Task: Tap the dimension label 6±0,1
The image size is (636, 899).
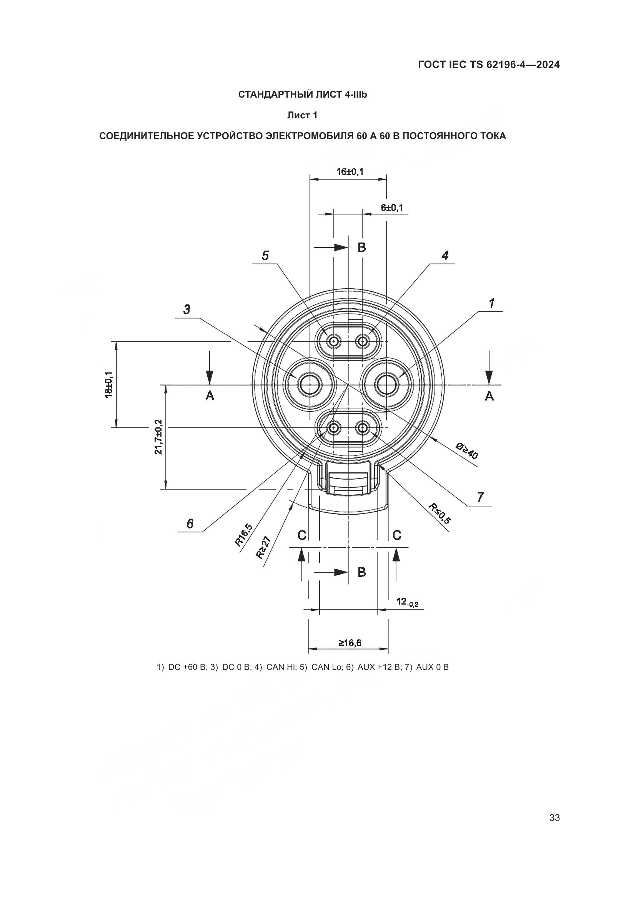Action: coord(392,208)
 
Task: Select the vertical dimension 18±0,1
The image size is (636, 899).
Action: coord(108,384)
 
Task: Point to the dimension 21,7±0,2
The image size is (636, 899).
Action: coord(158,437)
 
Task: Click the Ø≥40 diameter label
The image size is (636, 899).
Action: coord(467,450)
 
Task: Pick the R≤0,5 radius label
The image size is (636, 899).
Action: coord(440,514)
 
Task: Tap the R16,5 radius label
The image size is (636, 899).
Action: coord(243,535)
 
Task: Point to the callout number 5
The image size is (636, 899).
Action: coord(265,256)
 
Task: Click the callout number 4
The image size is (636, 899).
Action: coord(445,256)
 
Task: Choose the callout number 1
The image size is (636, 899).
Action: coord(491,303)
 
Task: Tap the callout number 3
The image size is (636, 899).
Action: coord(187,309)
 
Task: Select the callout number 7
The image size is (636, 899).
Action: coord(481,497)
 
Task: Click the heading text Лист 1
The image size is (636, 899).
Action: coord(302,116)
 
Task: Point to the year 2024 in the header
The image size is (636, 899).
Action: coord(548,65)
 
